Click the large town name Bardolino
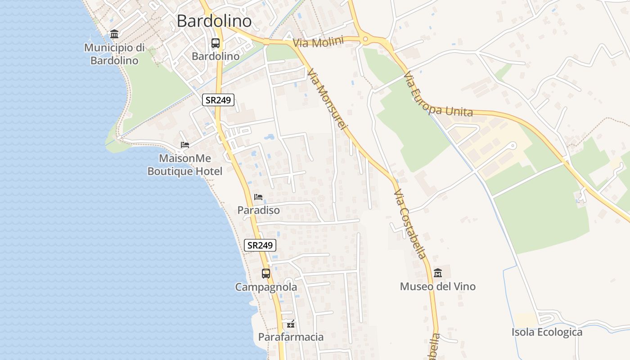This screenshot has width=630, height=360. (214, 21)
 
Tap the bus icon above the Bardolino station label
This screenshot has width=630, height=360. (216, 43)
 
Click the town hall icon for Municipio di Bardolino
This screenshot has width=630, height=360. (114, 34)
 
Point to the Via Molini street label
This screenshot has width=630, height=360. (318, 42)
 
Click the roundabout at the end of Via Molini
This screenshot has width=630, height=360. (365, 39)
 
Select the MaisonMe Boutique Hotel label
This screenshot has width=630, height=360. (184, 165)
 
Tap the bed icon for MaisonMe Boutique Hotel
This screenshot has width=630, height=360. (184, 145)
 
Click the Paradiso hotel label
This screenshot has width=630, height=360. (258, 210)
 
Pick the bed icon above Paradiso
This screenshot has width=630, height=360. (258, 197)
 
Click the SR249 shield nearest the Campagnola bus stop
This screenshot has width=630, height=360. (260, 245)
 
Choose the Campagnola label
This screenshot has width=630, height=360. (266, 287)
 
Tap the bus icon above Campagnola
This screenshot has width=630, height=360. (266, 273)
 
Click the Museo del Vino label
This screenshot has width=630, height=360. (437, 287)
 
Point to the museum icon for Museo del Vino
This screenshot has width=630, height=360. (437, 273)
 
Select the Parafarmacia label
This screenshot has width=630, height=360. (291, 337)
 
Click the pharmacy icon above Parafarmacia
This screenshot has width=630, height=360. (291, 324)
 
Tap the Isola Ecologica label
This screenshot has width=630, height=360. (547, 333)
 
